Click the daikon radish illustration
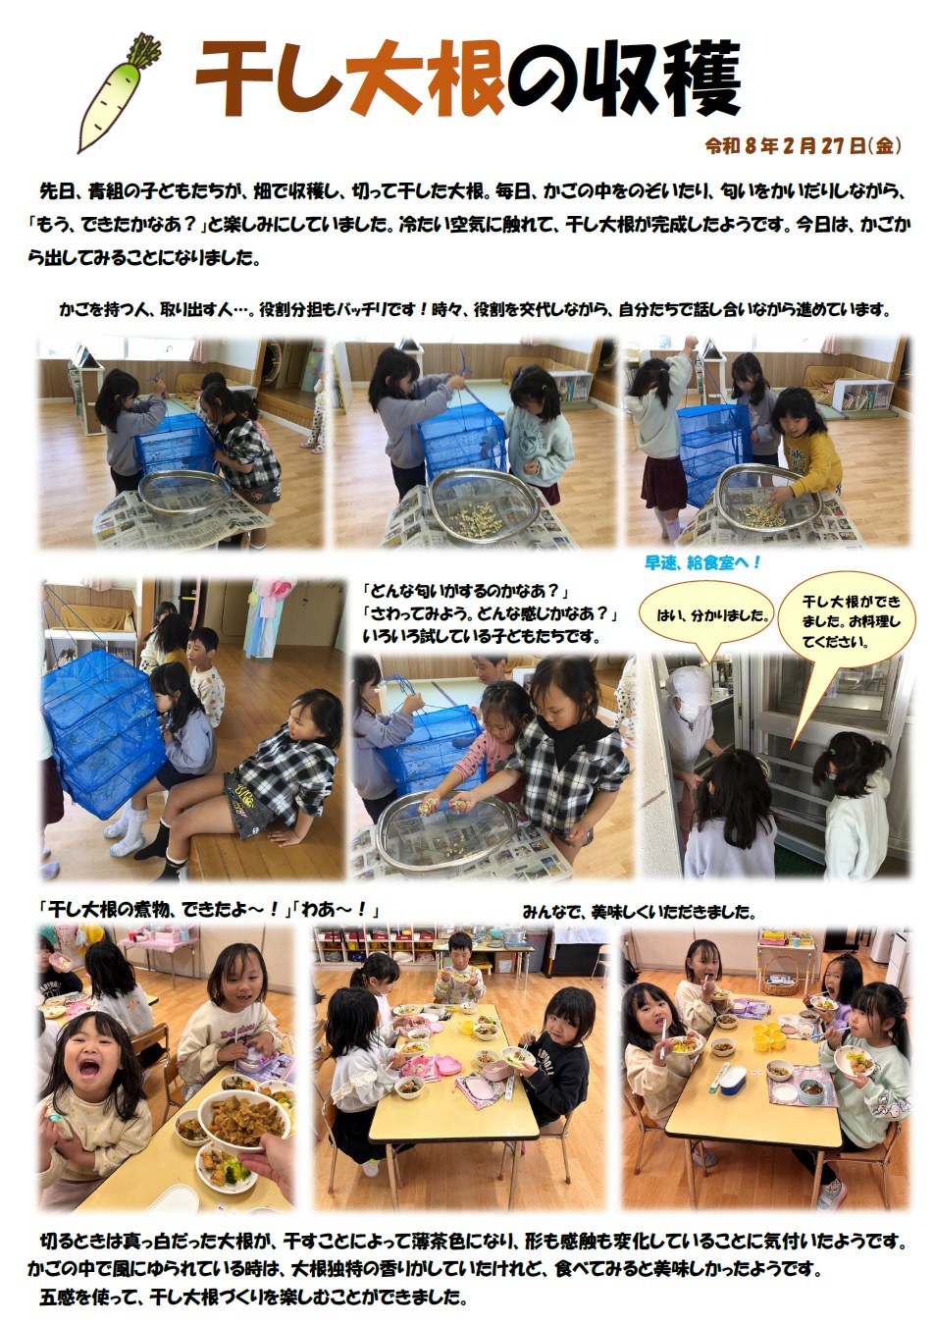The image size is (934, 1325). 120,94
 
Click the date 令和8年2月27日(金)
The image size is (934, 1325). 803,145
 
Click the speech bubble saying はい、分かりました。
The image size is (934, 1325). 707,616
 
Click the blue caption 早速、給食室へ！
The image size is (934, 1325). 702,563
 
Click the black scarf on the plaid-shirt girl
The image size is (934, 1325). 575,736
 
